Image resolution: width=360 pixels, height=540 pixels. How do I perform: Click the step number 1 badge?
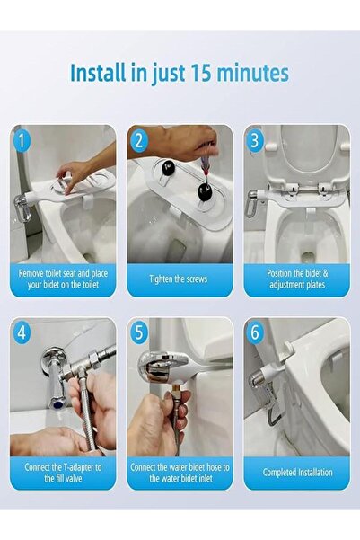pos(23,140)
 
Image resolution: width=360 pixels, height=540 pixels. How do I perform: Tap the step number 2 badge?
pos(139,140)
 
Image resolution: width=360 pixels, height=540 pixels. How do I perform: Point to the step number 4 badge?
pos(23,332)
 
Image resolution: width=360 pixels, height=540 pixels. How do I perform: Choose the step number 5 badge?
pos(139,332)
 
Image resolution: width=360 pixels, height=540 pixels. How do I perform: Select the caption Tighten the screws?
pos(179,279)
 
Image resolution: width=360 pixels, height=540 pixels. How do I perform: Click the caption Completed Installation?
pos(297,472)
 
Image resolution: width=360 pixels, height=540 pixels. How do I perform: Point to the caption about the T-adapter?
pos(63,472)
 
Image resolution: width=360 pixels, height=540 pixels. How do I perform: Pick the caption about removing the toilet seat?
pos(63,279)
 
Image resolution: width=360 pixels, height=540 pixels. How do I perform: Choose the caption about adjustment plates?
pos(297,279)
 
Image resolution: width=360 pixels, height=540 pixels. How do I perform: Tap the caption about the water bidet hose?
pos(179,472)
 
